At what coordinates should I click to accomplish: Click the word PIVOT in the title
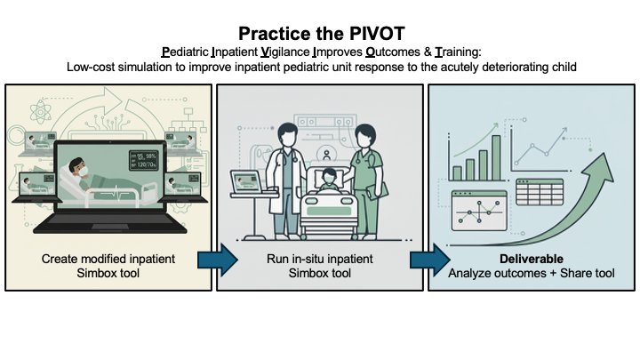374,34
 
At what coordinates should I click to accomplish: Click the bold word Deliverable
532,259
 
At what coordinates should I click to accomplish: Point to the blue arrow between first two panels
218,260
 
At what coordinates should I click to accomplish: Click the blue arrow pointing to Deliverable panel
430,260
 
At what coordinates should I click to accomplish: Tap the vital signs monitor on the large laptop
144,160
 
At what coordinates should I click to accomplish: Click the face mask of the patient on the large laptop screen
83,172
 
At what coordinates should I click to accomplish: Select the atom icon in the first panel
40,111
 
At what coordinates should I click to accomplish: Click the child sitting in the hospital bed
329,180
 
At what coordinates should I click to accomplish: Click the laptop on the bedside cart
246,182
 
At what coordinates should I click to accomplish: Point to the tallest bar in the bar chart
496,158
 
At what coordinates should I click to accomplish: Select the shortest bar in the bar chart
457,173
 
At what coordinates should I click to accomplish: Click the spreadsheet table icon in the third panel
540,192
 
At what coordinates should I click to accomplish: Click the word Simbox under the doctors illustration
306,273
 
